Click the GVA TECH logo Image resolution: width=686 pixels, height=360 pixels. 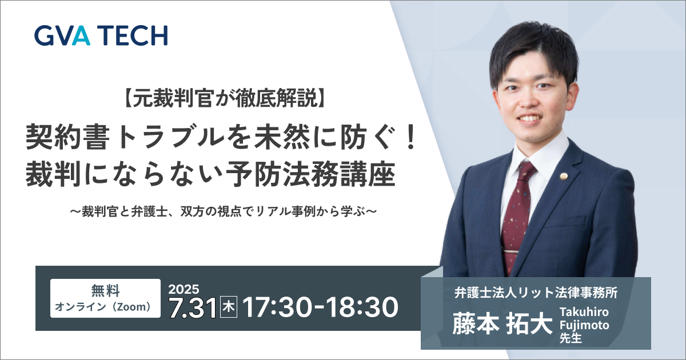point(101,35)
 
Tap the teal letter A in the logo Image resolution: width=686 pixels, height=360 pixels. point(81,35)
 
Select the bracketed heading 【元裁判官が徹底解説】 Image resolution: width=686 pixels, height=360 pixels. point(225,99)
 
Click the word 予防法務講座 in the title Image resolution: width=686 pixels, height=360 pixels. point(310,174)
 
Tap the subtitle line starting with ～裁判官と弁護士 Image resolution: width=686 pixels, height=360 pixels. point(224,211)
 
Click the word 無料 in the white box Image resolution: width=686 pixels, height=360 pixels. point(105,290)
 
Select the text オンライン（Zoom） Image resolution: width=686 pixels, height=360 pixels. point(103,307)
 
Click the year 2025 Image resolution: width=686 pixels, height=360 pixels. point(184,289)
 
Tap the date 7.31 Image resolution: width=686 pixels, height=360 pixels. point(193,307)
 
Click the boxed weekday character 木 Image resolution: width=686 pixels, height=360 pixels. point(229,307)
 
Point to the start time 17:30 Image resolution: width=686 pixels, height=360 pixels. point(273,307)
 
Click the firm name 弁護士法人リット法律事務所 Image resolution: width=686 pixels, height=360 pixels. point(536,293)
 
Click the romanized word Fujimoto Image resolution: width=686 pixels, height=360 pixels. point(584,325)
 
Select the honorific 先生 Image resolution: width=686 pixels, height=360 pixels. point(571,338)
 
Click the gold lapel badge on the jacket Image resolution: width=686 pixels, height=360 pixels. point(564,177)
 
